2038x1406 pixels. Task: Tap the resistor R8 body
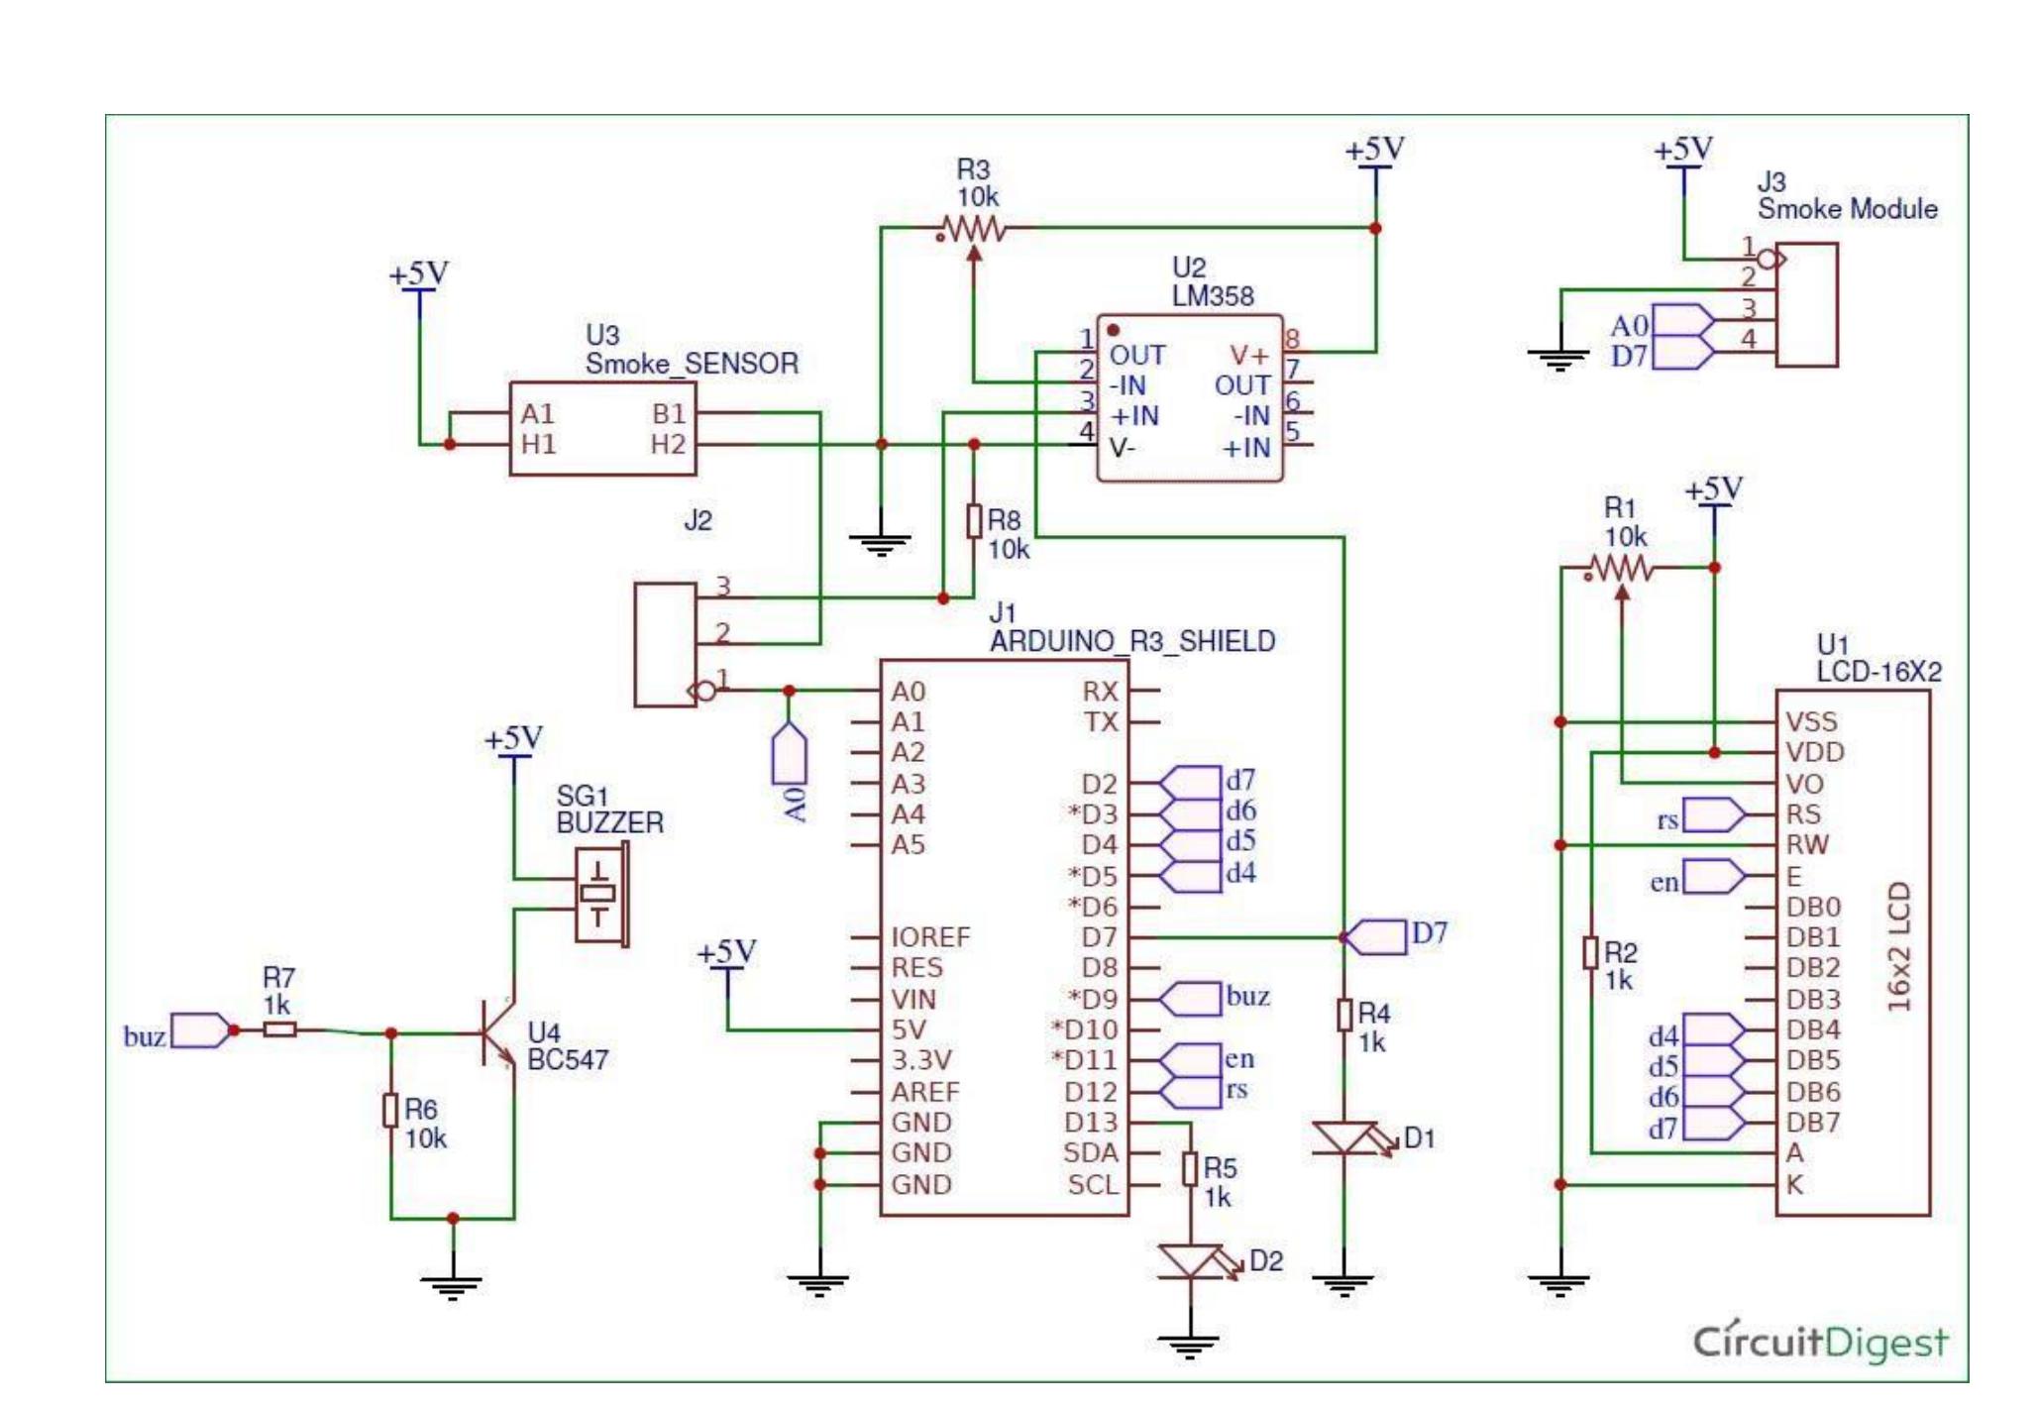click(974, 521)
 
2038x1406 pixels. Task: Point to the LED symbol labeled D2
click(1191, 1261)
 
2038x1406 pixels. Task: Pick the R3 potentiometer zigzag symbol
click(974, 230)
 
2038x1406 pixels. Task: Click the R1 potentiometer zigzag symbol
click(1620, 569)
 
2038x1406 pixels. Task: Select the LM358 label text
click(1212, 296)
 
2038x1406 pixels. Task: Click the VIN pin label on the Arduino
click(912, 999)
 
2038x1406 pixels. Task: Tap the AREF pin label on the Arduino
click(924, 1092)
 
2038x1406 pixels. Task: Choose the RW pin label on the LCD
click(1806, 845)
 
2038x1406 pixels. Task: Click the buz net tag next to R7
click(201, 1030)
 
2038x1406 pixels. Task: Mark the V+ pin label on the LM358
click(1248, 355)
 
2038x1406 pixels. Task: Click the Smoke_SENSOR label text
click(692, 364)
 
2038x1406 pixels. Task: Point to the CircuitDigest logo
click(1819, 1342)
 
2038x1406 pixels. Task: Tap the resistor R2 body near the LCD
click(1590, 953)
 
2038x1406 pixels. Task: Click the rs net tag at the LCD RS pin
click(1714, 815)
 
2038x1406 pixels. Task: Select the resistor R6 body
click(391, 1111)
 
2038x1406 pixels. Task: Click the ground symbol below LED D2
click(1189, 1346)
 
